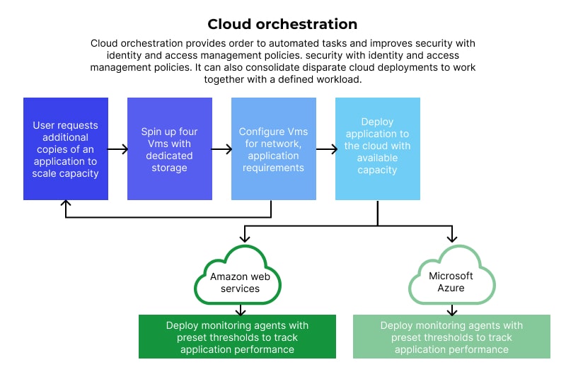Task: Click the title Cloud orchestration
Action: pyautogui.click(x=282, y=25)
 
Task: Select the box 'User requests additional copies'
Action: pyautogui.click(x=66, y=149)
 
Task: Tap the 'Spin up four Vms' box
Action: pyautogui.click(x=170, y=149)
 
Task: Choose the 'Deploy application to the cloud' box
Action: pyautogui.click(x=378, y=149)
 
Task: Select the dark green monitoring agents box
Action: pyautogui.click(x=237, y=337)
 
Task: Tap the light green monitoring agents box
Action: pyautogui.click(x=451, y=337)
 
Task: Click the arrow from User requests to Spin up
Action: pyautogui.click(x=117, y=149)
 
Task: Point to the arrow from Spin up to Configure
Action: pyautogui.click(x=221, y=149)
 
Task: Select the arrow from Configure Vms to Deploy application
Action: pyautogui.click(x=325, y=149)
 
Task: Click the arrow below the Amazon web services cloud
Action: pyautogui.click(x=240, y=309)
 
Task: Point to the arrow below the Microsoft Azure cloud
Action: pyautogui.click(x=451, y=309)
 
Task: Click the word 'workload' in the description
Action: pyautogui.click(x=339, y=79)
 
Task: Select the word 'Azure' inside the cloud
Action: pyautogui.click(x=451, y=288)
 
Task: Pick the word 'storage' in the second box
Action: pyautogui.click(x=170, y=168)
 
